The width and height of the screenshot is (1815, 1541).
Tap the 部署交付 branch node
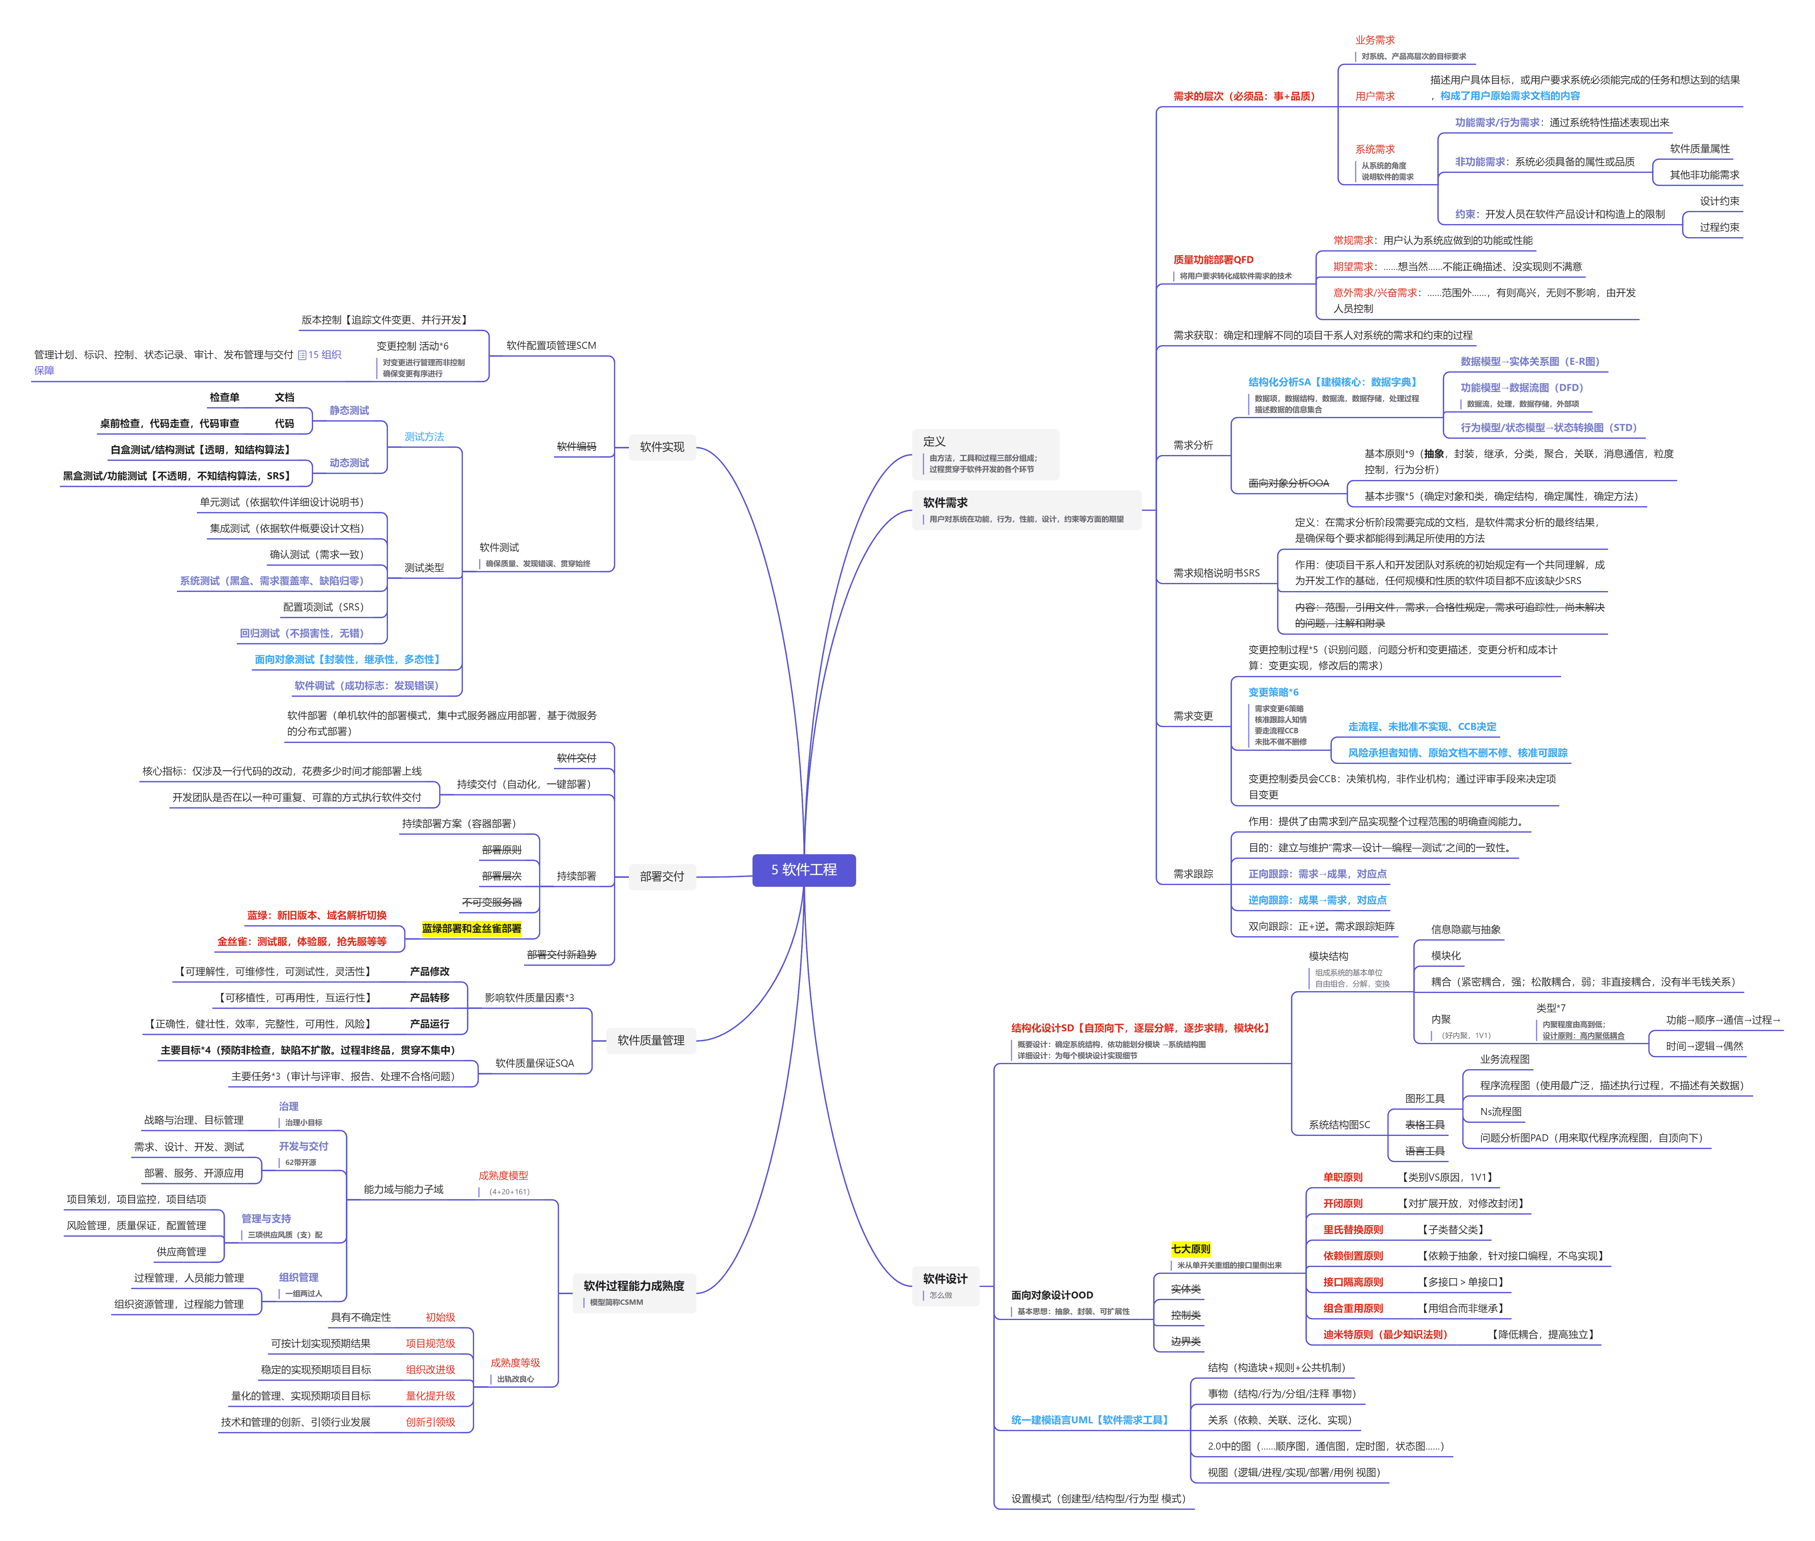[x=661, y=876]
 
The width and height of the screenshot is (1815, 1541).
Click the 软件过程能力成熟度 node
[x=634, y=1286]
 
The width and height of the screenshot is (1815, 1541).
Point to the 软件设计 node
[x=944, y=1279]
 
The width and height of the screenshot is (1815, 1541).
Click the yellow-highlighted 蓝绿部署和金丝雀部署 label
[x=471, y=929]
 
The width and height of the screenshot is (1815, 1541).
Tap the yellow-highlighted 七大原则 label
[x=1190, y=1249]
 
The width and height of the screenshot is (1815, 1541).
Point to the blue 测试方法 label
[x=424, y=437]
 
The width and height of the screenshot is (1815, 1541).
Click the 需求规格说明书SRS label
[x=1215, y=573]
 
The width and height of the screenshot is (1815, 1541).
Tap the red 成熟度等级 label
[x=515, y=1363]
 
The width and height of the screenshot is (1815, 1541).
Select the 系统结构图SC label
[x=1339, y=1125]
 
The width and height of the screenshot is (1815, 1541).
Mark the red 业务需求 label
[x=1375, y=40]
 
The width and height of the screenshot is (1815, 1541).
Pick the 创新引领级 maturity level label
[x=430, y=1422]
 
